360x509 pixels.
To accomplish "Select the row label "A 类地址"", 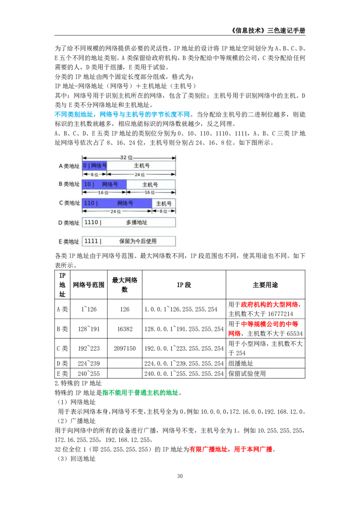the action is click(69, 166).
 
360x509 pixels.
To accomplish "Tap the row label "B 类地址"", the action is click(69, 184).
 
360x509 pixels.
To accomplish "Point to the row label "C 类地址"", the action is click(69, 203).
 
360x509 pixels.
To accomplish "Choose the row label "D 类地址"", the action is click(69, 223).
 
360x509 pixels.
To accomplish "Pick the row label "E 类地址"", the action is click(69, 241).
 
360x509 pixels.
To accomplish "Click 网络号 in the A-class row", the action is click(99, 165).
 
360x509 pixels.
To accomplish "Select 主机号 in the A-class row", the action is click(141, 165).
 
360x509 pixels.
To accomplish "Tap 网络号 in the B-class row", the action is click(110, 184).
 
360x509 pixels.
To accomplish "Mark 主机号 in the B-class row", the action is click(150, 184).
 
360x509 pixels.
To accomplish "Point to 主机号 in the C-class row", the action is click(163, 203).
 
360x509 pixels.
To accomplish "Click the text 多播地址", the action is click(136, 222).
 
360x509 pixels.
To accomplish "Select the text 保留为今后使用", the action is click(138, 241).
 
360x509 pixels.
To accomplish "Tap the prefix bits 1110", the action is click(91, 222).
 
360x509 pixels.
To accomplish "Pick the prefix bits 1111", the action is click(91, 241).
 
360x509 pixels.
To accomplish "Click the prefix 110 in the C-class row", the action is click(89, 203).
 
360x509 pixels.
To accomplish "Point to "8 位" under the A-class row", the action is click(94, 174).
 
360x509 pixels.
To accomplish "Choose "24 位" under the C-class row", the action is click(116, 211).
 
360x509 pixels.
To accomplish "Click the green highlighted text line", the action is click(140, 393).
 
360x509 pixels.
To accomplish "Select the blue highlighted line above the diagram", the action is click(122, 115).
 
